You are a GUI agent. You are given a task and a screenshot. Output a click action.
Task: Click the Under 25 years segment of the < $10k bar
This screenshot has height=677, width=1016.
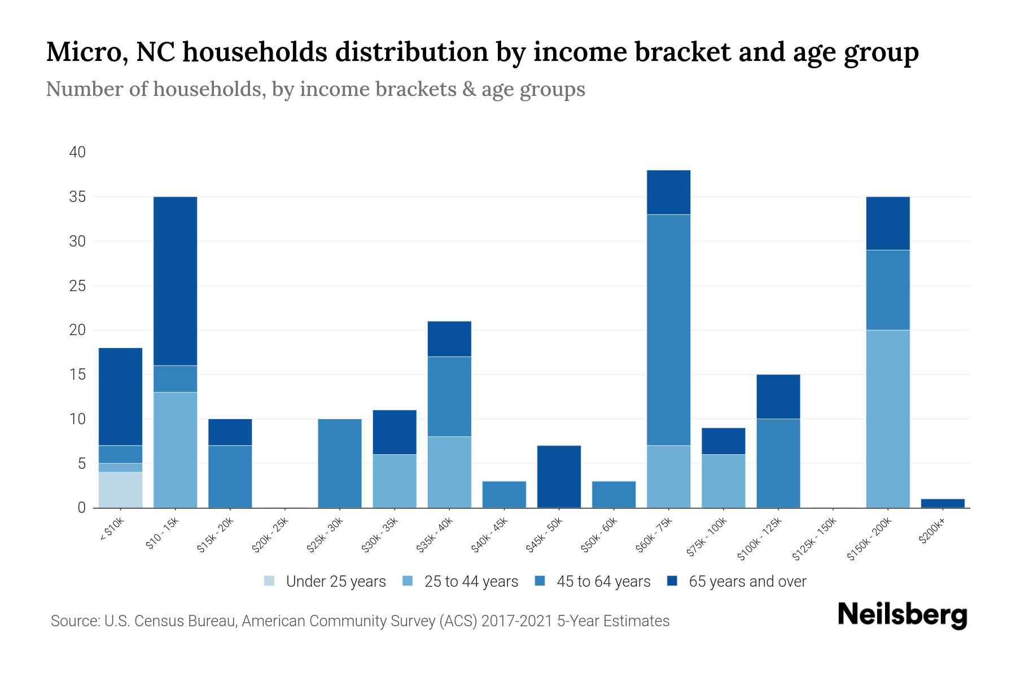pyautogui.click(x=120, y=490)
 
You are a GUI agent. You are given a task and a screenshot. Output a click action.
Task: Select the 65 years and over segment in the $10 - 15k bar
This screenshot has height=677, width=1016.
pyautogui.click(x=175, y=281)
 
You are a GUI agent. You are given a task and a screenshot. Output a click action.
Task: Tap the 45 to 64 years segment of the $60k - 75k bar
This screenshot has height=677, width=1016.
pyautogui.click(x=668, y=330)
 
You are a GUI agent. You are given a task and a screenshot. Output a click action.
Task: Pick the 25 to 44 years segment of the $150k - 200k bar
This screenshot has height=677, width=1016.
pyautogui.click(x=888, y=419)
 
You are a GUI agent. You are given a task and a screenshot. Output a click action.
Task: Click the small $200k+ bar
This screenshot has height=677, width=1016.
pyautogui.click(x=943, y=503)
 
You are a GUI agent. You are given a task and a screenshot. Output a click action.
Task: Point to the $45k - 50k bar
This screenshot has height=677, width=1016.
pyautogui.click(x=559, y=477)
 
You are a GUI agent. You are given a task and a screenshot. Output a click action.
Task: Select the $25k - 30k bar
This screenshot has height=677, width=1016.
pyautogui.click(x=340, y=463)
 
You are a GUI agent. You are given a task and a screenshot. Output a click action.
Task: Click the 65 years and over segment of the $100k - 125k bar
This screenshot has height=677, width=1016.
pyautogui.click(x=778, y=397)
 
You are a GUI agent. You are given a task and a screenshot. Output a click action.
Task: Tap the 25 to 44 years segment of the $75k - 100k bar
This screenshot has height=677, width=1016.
pyautogui.click(x=723, y=481)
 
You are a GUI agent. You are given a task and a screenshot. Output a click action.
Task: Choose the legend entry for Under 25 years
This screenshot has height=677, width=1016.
pyautogui.click(x=325, y=581)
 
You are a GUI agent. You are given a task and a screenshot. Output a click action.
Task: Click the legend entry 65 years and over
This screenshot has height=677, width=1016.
pyautogui.click(x=737, y=581)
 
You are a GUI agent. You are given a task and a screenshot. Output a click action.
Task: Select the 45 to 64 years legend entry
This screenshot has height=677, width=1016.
pyautogui.click(x=593, y=581)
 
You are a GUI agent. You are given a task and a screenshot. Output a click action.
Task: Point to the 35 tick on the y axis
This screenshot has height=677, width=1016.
pyautogui.click(x=77, y=197)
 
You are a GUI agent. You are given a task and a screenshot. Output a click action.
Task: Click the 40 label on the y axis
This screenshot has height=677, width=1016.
pyautogui.click(x=77, y=152)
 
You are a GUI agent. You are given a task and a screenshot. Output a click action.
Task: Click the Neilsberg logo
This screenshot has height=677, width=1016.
pyautogui.click(x=902, y=615)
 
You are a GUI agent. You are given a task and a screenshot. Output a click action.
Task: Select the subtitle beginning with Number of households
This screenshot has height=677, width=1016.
pyautogui.click(x=315, y=89)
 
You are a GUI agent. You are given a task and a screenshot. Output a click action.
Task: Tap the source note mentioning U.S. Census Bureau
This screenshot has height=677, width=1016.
pyautogui.click(x=360, y=621)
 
